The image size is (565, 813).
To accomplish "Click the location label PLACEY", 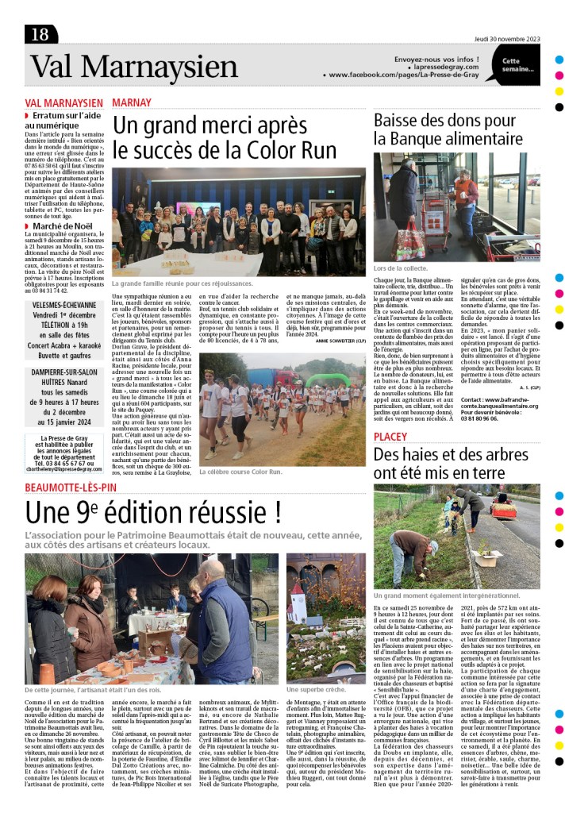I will pyautogui.click(x=390, y=437).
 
